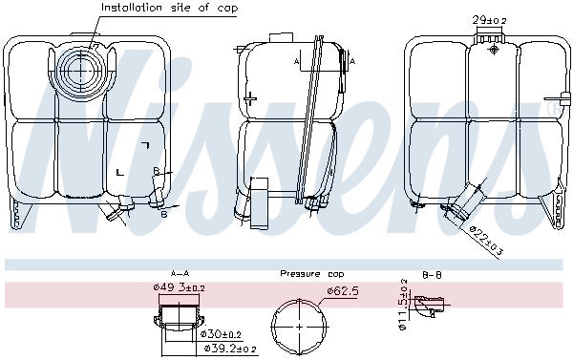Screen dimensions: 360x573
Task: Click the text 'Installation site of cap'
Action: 169,8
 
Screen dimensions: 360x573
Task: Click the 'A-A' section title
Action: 179,272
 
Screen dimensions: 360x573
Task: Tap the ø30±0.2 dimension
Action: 222,333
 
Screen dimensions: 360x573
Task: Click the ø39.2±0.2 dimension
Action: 229,349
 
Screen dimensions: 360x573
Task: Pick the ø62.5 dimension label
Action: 342,290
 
